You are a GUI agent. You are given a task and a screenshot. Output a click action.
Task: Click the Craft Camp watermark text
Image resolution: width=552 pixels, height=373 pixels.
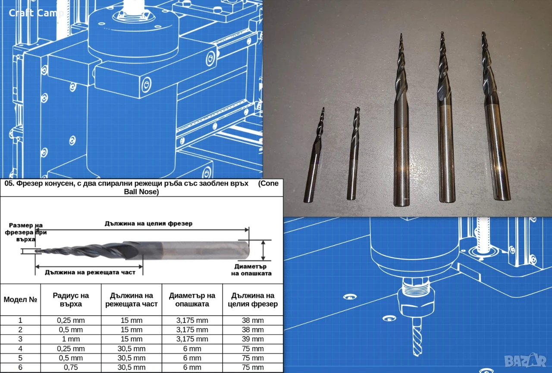pyautogui.click(x=36, y=13)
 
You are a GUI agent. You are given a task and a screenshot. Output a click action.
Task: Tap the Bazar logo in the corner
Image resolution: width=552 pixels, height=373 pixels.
pyautogui.click(x=525, y=360)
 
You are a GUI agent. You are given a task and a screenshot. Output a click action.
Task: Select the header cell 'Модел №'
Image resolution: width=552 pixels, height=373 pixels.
pyautogui.click(x=20, y=300)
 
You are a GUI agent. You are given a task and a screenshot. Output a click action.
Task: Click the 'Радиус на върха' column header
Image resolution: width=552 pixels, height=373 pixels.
pyautogui.click(x=71, y=300)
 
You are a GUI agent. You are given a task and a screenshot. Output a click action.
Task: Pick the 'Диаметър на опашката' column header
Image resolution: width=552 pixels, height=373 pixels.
pyautogui.click(x=192, y=300)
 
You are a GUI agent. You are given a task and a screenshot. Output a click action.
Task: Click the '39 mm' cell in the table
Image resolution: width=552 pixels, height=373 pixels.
pyautogui.click(x=253, y=339)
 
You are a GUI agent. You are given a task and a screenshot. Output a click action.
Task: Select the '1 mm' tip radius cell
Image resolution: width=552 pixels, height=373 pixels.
pyautogui.click(x=71, y=339)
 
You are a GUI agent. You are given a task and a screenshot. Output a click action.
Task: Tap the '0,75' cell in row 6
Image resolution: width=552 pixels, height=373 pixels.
pyautogui.click(x=71, y=367)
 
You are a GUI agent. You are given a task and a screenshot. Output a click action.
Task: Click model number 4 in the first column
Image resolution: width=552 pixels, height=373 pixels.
pyautogui.click(x=20, y=348)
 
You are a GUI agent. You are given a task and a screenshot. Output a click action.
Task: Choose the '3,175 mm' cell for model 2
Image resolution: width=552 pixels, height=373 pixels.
pyautogui.click(x=192, y=330)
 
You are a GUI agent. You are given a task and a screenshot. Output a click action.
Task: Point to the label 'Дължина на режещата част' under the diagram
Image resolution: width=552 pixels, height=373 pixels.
pyautogui.click(x=90, y=272)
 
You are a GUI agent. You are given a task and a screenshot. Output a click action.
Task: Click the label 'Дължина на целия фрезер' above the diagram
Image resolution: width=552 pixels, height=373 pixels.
pyautogui.click(x=148, y=224)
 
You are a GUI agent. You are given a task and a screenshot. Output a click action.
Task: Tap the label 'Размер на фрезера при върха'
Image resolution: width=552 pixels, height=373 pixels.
pyautogui.click(x=25, y=232)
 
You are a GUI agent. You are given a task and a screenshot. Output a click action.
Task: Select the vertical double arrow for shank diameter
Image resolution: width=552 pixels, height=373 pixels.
pyautogui.click(x=263, y=250)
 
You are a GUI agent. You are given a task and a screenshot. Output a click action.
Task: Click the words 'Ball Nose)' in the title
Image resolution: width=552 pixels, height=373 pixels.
pyautogui.click(x=141, y=192)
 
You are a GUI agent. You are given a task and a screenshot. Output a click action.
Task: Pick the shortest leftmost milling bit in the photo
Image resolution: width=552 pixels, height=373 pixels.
pyautogui.click(x=314, y=155)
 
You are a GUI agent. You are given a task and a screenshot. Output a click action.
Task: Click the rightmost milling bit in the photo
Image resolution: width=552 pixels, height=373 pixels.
pyautogui.click(x=496, y=116)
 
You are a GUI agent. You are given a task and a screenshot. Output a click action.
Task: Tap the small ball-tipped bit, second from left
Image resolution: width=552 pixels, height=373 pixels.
pyautogui.click(x=353, y=153)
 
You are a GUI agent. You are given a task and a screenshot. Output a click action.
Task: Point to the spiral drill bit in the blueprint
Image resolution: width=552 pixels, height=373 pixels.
pyautogui.click(x=417, y=336)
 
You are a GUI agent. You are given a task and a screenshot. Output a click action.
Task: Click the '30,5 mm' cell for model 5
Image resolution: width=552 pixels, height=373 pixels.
pyautogui.click(x=132, y=358)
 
